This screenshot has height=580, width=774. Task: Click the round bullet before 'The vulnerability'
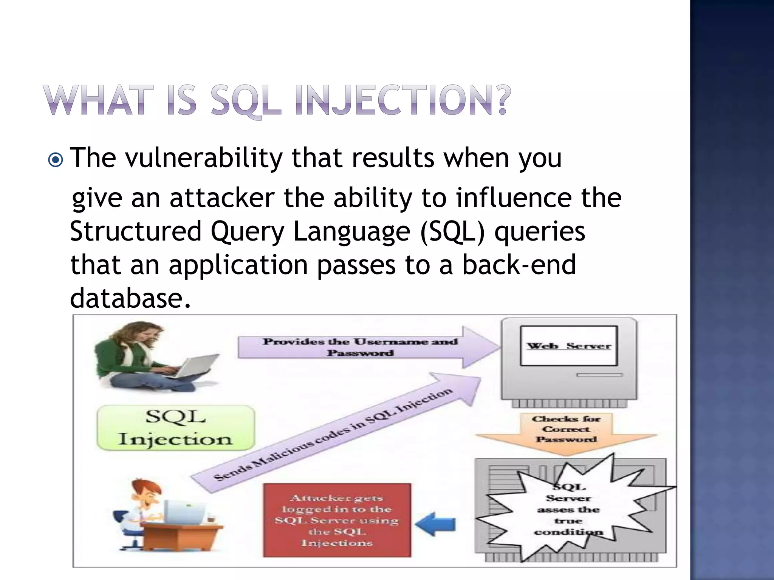point(56,160)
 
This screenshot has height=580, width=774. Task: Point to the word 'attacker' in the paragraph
point(222,199)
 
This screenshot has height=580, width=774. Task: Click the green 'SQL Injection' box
point(176,428)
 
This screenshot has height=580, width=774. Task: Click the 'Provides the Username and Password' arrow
point(361,347)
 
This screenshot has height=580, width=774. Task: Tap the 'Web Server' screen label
point(568,346)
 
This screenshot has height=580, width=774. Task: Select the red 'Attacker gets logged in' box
point(337,520)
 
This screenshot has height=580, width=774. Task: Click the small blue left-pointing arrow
point(437,524)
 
